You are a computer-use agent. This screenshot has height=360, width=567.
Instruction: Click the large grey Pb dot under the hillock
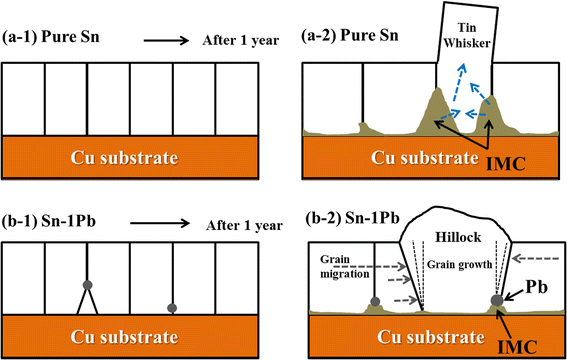(497, 299)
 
